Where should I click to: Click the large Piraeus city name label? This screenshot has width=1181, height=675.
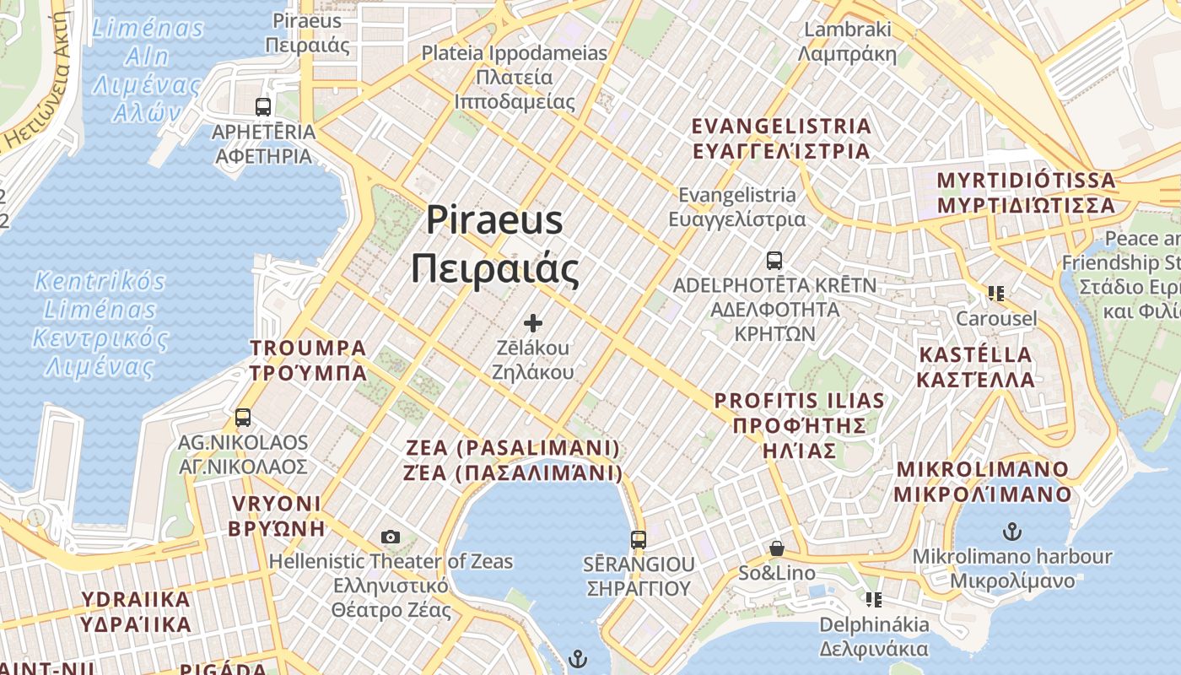pyautogui.click(x=494, y=245)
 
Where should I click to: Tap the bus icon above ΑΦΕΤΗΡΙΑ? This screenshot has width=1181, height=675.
pyautogui.click(x=263, y=107)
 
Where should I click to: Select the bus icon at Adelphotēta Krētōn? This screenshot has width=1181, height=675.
pyautogui.click(x=774, y=261)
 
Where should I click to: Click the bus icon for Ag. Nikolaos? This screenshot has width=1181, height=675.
pyautogui.click(x=243, y=418)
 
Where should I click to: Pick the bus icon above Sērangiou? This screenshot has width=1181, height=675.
pyautogui.click(x=639, y=540)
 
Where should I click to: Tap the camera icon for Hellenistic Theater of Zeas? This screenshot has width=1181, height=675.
pyautogui.click(x=390, y=537)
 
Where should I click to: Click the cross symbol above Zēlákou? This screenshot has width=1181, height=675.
pyautogui.click(x=532, y=323)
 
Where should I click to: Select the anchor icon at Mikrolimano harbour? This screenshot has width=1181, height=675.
pyautogui.click(x=1011, y=532)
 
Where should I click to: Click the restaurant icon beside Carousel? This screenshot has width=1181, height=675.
pyautogui.click(x=996, y=294)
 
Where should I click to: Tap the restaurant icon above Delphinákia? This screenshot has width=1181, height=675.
pyautogui.click(x=874, y=600)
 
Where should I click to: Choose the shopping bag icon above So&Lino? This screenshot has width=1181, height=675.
pyautogui.click(x=777, y=549)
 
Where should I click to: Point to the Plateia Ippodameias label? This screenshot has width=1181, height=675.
pyautogui.click(x=515, y=78)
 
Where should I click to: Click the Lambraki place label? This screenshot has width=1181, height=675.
pyautogui.click(x=847, y=41)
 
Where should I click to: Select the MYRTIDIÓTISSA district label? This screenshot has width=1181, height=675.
pyautogui.click(x=1026, y=192)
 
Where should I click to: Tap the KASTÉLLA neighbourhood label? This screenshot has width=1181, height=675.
pyautogui.click(x=975, y=366)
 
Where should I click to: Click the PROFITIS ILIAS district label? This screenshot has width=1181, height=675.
pyautogui.click(x=800, y=425)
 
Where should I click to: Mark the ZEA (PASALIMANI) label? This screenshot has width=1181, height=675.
pyautogui.click(x=514, y=460)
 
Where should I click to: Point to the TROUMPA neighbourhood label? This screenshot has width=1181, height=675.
pyautogui.click(x=308, y=360)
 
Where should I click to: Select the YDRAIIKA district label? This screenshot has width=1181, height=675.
pyautogui.click(x=136, y=612)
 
